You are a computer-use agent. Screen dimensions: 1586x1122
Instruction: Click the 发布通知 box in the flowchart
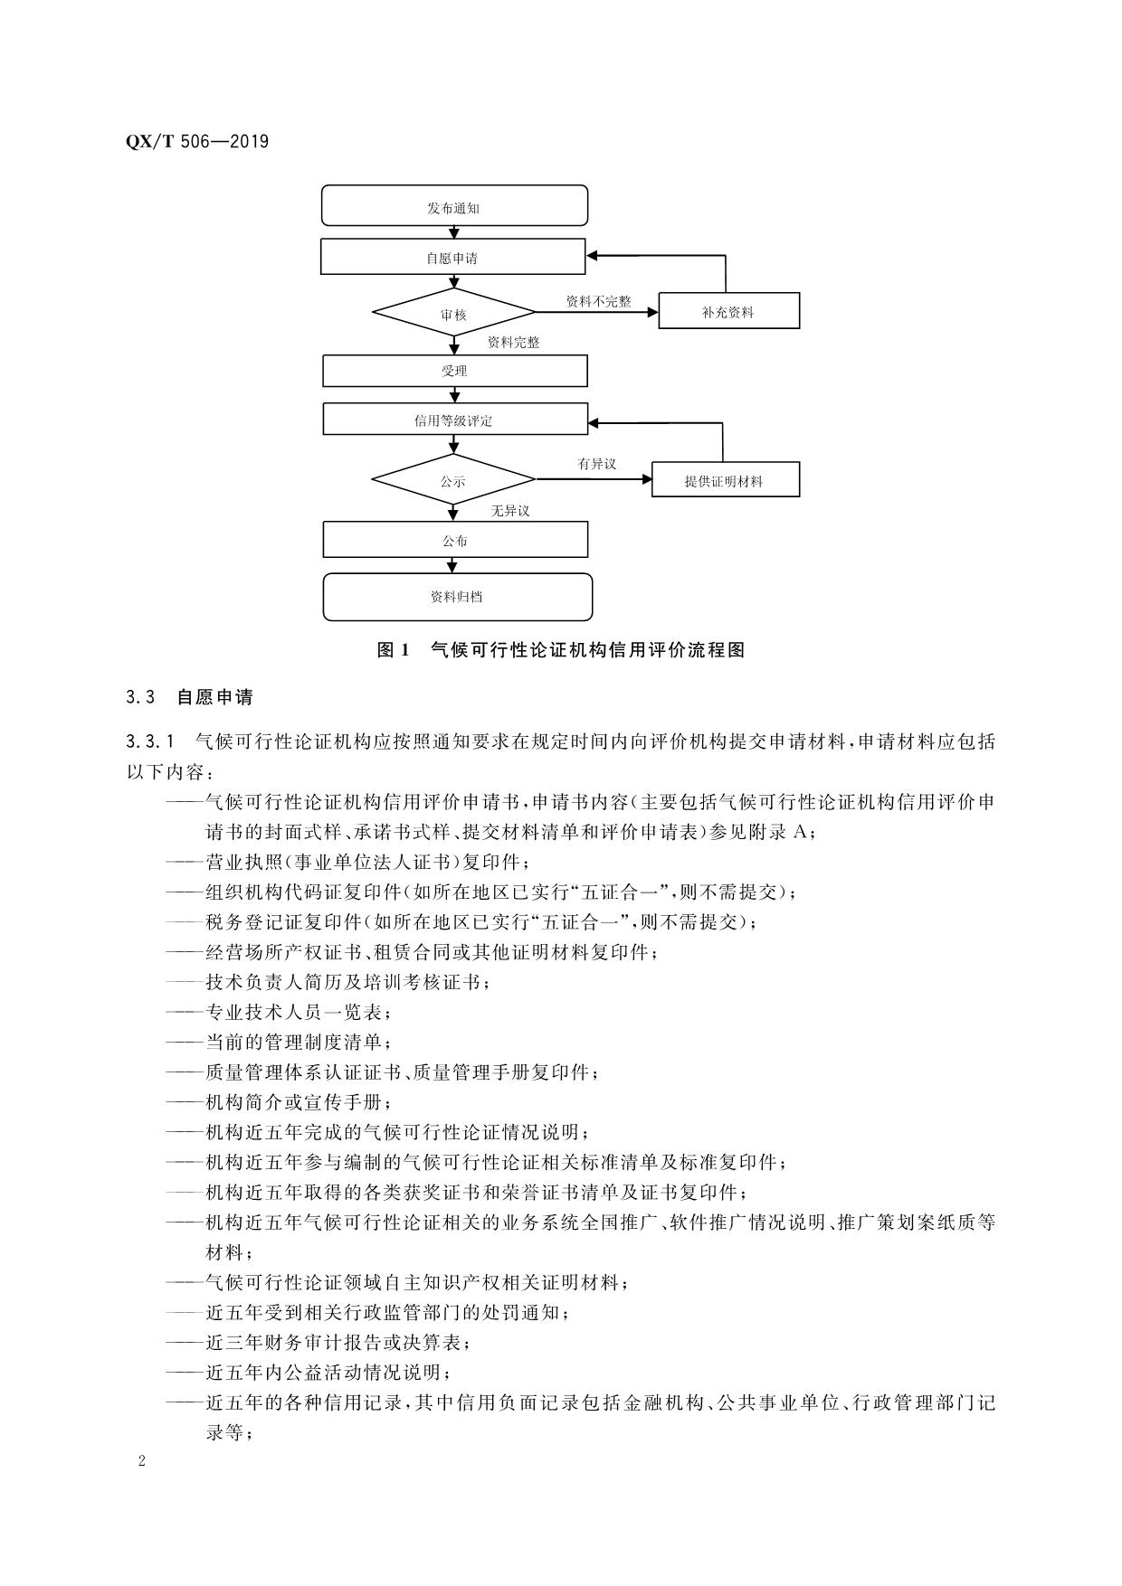[454, 206]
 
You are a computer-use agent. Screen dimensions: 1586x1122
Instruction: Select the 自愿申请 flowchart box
[452, 257]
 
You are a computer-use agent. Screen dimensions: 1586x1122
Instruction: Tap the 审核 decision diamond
[453, 314]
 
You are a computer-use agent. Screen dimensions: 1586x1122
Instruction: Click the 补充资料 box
[728, 311]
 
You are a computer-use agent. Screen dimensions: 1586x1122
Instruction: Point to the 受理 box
[454, 371]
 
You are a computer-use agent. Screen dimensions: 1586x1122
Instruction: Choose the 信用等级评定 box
[454, 420]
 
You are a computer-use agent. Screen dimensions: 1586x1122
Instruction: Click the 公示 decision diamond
[453, 481]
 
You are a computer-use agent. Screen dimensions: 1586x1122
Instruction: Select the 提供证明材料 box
[725, 480]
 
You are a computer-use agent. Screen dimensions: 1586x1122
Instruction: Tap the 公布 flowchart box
[454, 541]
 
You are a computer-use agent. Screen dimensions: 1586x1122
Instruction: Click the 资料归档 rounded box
[457, 597]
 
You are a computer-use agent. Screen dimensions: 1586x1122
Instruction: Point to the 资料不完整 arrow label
[598, 301]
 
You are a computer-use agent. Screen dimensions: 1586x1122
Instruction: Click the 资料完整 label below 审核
[513, 343]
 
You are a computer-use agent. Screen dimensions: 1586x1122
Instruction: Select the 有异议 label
[597, 463]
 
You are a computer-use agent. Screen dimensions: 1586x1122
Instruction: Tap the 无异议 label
[510, 511]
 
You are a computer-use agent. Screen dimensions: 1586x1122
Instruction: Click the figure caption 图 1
[394, 649]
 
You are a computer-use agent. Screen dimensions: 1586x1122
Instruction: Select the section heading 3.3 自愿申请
[190, 697]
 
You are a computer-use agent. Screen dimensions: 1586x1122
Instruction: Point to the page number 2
[142, 1462]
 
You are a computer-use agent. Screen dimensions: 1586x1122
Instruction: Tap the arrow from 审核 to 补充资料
[597, 313]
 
